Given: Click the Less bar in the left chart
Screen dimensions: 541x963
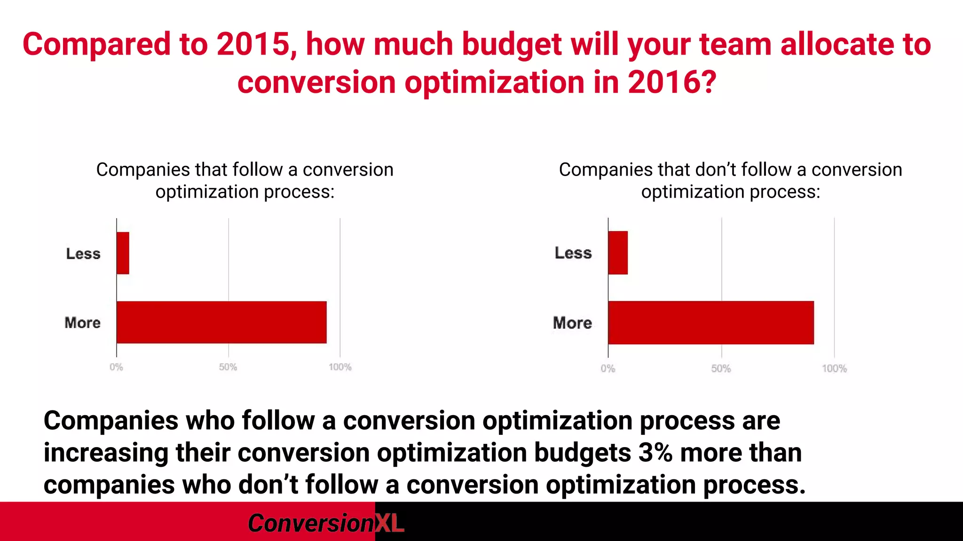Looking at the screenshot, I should (123, 253).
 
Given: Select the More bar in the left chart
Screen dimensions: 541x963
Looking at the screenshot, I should (221, 322).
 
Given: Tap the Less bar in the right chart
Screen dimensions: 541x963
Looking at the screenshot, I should (618, 253).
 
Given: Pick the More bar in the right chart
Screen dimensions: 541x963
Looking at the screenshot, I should (711, 323).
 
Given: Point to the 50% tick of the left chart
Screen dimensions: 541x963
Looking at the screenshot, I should (228, 367).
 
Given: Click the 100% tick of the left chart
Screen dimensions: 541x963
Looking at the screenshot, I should (340, 367).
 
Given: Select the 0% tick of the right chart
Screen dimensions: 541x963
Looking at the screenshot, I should (608, 369).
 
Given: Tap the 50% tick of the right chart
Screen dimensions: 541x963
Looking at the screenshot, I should (721, 369).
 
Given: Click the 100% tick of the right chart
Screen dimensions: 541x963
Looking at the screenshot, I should (834, 369).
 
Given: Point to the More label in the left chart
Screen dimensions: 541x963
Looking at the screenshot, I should (83, 323).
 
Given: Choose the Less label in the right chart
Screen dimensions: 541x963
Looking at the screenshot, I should (573, 253).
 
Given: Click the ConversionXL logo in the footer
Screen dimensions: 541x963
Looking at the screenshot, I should (325, 523).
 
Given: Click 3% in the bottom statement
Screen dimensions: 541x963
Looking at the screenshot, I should (655, 453).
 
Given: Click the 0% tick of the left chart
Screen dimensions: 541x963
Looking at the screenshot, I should (116, 367).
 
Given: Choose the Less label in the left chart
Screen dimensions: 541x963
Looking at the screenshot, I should (83, 254).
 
